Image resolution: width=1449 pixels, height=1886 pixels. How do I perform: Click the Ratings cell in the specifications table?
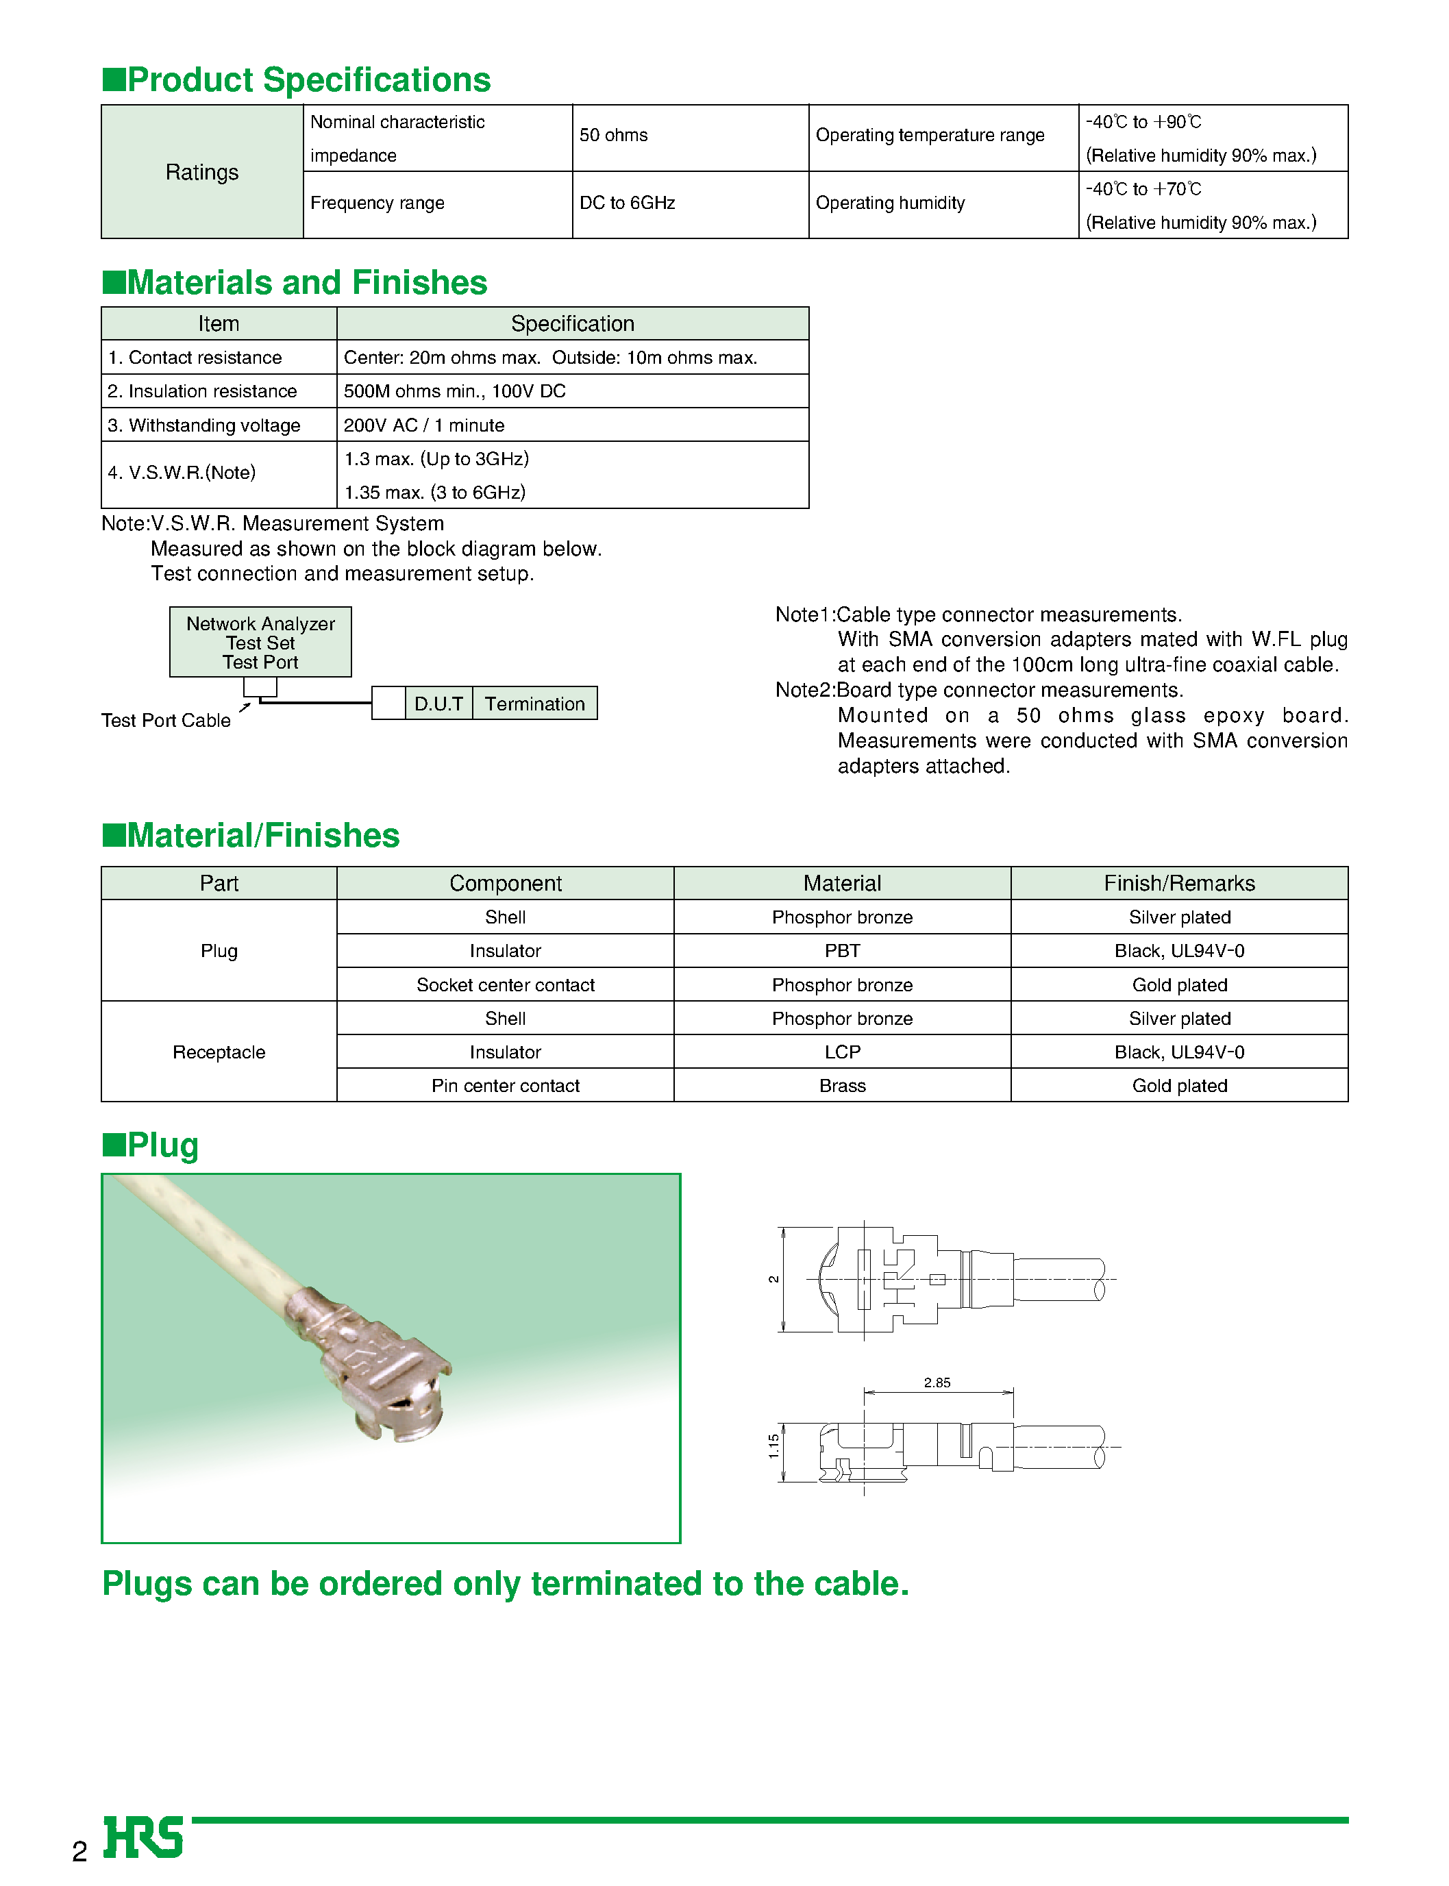tap(202, 173)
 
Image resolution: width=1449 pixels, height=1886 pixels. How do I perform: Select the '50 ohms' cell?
tap(613, 136)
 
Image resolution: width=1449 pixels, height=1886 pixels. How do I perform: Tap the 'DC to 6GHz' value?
tap(627, 203)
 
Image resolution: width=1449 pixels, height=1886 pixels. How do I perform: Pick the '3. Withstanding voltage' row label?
tap(204, 426)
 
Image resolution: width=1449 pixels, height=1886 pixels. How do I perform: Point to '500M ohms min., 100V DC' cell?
tap(454, 391)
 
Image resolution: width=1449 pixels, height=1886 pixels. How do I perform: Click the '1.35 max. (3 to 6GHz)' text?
tap(434, 493)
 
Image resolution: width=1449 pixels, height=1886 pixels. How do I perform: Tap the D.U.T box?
tap(438, 704)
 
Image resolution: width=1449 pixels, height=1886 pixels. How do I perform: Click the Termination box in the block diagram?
tap(535, 704)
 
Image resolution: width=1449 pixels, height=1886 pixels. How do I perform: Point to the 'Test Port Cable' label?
tap(166, 721)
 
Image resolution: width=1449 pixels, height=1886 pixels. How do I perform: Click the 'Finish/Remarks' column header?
tap(1179, 884)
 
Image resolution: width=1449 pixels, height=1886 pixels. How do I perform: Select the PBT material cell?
tap(842, 951)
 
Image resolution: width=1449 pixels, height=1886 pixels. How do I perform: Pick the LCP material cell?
tap(842, 1053)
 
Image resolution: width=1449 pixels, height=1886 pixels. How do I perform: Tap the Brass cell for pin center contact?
tap(842, 1087)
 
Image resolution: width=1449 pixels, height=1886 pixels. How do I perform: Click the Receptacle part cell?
tap(219, 1053)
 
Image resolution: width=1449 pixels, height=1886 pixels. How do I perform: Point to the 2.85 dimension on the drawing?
tap(937, 1383)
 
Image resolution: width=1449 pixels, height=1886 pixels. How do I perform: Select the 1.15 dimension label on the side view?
tap(773, 1446)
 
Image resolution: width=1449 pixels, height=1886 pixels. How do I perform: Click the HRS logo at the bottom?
tap(143, 1838)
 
